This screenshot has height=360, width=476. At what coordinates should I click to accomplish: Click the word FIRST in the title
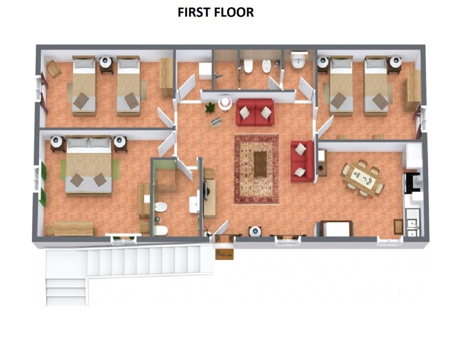[x=195, y=12]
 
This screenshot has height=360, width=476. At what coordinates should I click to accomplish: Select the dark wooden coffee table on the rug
[x=260, y=164]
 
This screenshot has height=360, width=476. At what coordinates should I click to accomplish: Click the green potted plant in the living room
[x=210, y=108]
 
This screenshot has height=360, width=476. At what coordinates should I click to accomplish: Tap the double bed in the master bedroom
[x=89, y=165]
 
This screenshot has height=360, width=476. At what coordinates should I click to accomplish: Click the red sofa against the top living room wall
[x=255, y=112]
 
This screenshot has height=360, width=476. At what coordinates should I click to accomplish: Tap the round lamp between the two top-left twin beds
[x=106, y=62]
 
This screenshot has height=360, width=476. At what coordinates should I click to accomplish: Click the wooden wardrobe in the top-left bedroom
[x=166, y=77]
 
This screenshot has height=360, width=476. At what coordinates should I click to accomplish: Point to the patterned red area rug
[x=256, y=169]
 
